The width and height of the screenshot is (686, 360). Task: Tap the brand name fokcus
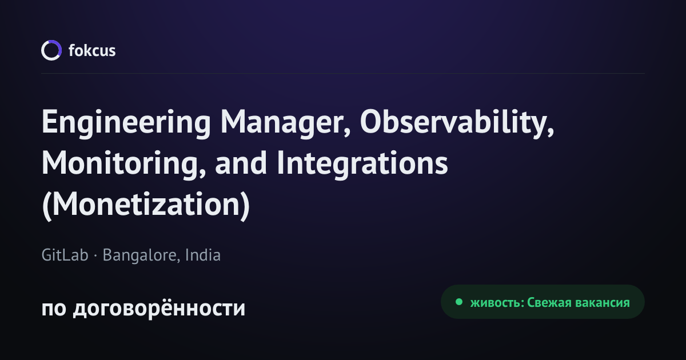(x=92, y=50)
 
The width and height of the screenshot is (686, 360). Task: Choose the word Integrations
(x=362, y=164)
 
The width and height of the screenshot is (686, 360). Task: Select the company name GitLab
(x=65, y=255)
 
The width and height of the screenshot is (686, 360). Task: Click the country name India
(x=203, y=255)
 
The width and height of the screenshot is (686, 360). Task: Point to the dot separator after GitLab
(x=95, y=255)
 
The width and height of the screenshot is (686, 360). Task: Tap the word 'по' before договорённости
(x=54, y=309)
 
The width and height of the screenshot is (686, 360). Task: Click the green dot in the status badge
(x=458, y=302)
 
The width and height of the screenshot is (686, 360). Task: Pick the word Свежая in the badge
(x=549, y=303)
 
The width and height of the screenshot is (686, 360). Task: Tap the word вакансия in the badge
(x=603, y=303)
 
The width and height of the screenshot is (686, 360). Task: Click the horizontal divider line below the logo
(x=343, y=74)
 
